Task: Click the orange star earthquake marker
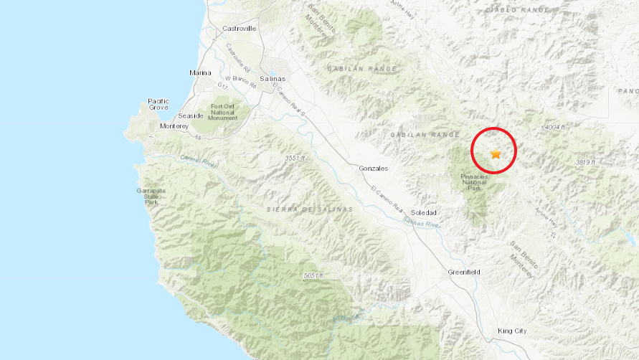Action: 496,153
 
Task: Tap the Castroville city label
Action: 240,29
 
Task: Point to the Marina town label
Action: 200,73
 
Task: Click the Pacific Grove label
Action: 158,104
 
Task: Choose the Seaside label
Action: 191,115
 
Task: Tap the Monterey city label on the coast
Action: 174,126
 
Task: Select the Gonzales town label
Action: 373,168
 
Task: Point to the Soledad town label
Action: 425,213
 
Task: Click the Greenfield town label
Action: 463,273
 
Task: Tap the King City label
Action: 512,331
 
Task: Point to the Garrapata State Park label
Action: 151,196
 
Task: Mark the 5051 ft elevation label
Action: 314,275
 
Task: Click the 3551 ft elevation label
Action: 295,158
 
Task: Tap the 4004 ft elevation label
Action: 554,127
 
